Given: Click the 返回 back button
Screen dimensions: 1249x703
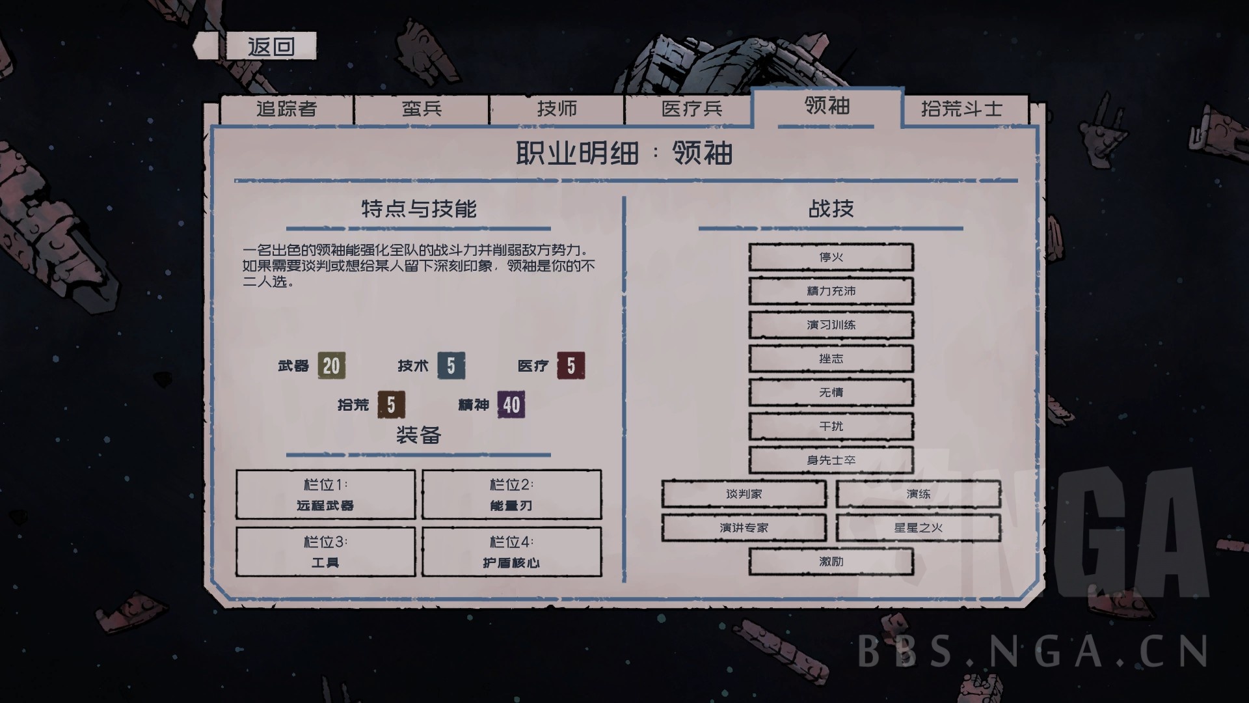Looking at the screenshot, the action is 271,46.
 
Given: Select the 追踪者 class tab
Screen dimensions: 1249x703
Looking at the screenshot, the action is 286,109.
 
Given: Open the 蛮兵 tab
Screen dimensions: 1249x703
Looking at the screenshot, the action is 422,109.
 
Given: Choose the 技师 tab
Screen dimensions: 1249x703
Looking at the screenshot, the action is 557,109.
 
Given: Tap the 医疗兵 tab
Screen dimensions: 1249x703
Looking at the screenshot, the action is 692,109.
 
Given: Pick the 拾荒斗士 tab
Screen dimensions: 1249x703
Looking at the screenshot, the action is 961,109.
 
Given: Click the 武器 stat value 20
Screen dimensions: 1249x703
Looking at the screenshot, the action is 331,366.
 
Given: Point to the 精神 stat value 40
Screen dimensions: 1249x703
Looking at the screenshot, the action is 511,405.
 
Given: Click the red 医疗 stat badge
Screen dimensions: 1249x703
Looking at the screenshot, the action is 571,366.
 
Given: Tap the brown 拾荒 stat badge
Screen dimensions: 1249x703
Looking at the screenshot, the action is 391,405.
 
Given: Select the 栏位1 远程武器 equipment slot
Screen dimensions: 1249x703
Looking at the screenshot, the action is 325,495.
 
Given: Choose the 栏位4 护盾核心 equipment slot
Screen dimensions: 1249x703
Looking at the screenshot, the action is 511,552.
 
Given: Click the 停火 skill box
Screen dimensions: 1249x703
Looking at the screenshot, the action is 831,257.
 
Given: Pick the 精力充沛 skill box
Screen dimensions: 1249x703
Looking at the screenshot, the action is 831,291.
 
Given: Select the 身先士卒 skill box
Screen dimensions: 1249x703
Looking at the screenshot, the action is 831,460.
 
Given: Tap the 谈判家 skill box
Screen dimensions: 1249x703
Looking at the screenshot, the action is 744,494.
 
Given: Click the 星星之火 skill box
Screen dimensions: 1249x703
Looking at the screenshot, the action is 918,528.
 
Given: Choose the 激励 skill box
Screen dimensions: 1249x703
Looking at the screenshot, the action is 831,562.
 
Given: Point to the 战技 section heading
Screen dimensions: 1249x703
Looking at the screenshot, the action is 831,209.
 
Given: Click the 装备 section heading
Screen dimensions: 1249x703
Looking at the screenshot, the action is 418,435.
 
